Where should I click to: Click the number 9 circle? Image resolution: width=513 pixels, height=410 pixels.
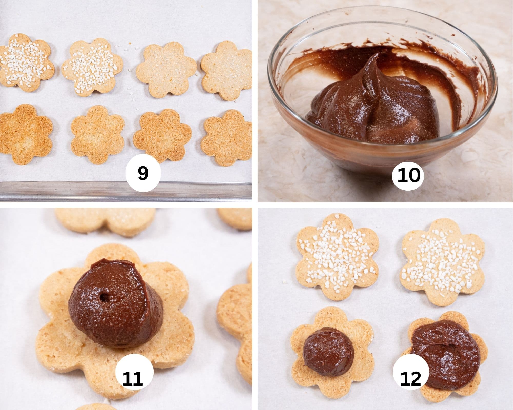(143, 173)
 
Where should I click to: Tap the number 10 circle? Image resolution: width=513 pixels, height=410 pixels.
(409, 176)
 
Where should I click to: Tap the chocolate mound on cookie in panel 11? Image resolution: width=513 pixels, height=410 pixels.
(115, 307)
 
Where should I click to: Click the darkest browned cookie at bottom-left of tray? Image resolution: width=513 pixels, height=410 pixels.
(26, 133)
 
